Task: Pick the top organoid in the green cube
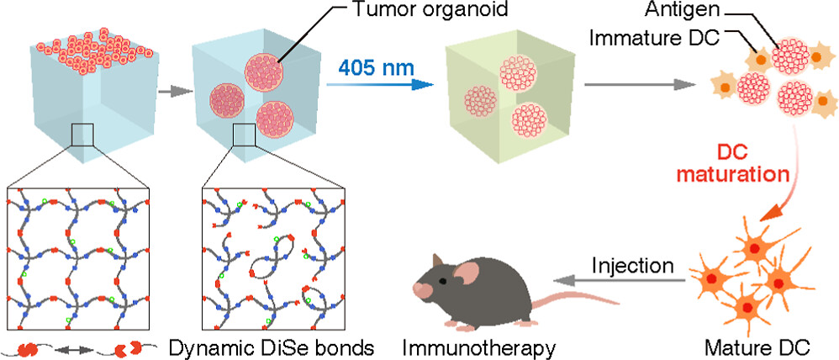(x=523, y=73)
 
